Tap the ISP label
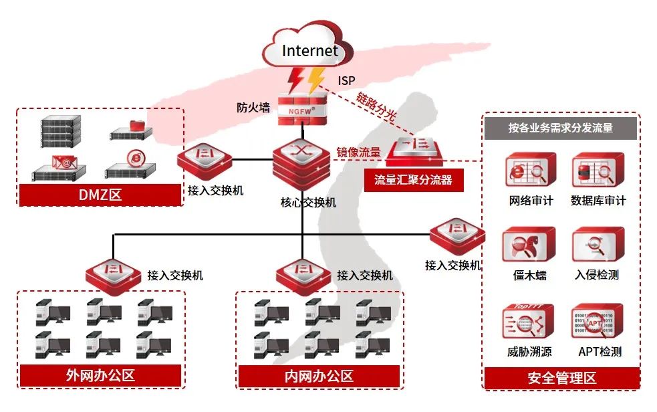[346, 80]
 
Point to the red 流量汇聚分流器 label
[413, 180]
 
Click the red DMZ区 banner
[100, 195]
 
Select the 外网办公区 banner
[100, 375]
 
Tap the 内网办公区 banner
[319, 376]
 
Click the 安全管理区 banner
[561, 378]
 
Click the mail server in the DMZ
[60, 167]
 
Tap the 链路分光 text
[377, 106]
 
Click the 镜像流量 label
[358, 152]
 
